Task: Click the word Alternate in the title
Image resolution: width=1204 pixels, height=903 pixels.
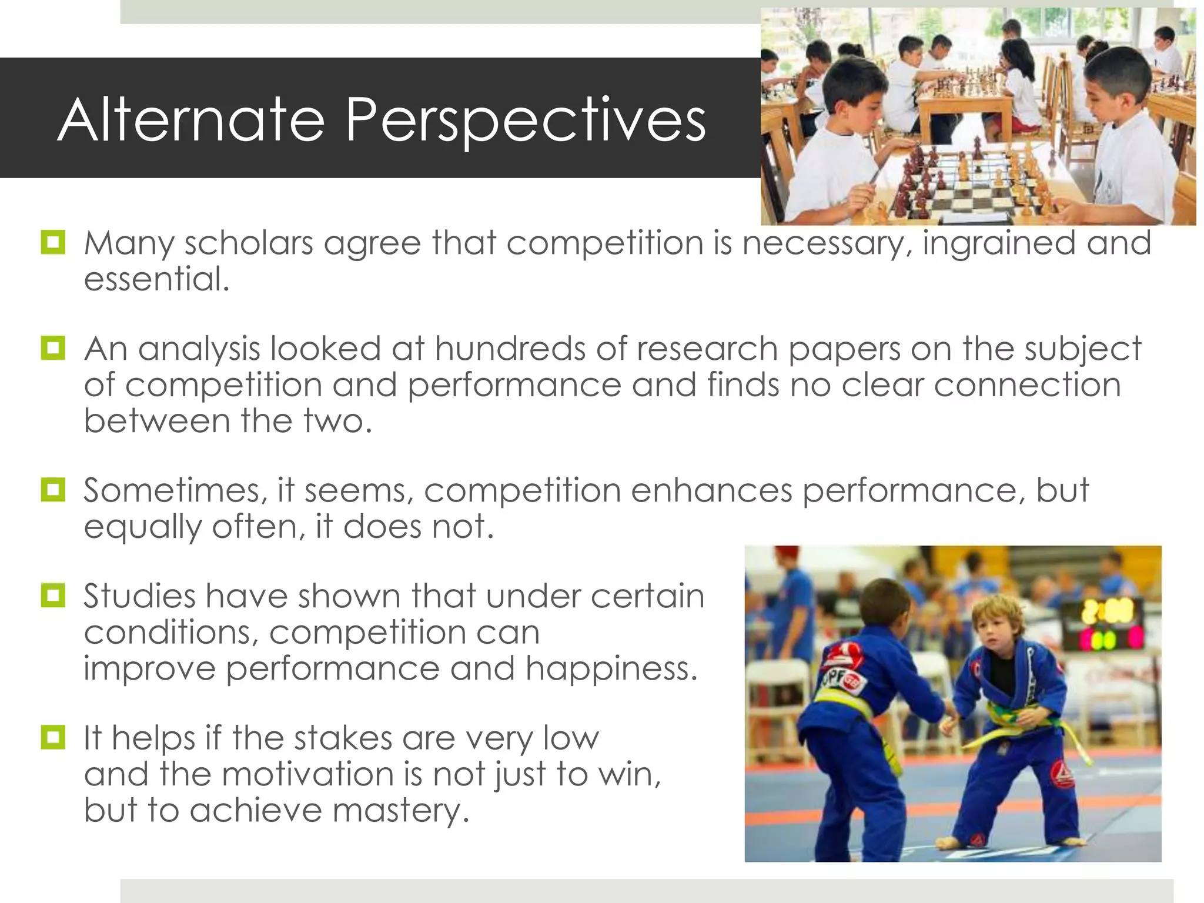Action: click(x=191, y=120)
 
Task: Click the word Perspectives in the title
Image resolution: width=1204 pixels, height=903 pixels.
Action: click(x=525, y=121)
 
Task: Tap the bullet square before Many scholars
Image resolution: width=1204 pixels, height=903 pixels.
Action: click(x=53, y=242)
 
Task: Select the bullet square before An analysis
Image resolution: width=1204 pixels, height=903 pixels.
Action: click(x=53, y=347)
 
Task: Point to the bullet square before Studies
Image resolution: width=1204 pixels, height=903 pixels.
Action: click(x=53, y=595)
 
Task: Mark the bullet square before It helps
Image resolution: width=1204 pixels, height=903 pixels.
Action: click(x=53, y=737)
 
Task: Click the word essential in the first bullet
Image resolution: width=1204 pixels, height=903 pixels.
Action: click(x=156, y=279)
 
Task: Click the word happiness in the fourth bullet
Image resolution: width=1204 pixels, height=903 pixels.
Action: click(x=611, y=668)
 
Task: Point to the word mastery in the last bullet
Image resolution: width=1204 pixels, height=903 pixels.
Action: click(x=401, y=811)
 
